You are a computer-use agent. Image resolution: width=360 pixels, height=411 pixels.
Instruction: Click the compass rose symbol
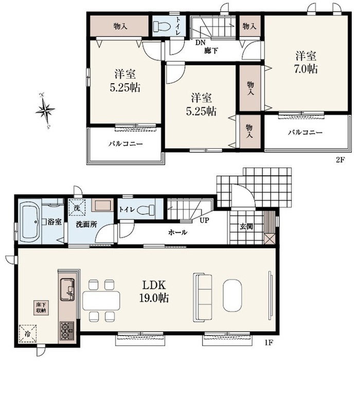45,111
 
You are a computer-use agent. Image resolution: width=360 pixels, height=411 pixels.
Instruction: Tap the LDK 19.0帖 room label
154,291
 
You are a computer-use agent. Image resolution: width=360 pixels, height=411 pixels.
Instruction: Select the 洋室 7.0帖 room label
306,62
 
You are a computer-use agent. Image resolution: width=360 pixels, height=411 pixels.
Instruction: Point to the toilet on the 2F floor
162,26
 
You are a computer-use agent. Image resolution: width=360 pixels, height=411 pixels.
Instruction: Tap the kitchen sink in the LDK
67,289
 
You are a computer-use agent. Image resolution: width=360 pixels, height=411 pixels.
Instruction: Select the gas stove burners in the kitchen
67,331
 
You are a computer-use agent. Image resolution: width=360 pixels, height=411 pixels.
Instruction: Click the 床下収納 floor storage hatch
41,308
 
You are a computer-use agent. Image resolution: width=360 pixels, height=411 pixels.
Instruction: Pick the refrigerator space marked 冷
28,333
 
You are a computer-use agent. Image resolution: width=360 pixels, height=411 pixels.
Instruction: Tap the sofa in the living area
203,297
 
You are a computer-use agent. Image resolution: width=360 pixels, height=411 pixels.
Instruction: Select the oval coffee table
232,295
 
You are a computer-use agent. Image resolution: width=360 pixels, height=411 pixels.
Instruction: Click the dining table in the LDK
101,301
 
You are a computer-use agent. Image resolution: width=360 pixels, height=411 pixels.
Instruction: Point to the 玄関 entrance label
246,227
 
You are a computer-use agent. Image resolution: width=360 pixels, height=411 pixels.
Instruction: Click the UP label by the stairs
204,220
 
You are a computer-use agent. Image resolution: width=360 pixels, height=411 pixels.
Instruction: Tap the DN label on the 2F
200,43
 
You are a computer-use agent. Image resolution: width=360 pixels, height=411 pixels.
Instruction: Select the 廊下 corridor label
211,50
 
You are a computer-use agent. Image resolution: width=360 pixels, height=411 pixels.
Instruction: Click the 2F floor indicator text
340,160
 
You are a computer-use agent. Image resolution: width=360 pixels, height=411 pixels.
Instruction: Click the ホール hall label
177,232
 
